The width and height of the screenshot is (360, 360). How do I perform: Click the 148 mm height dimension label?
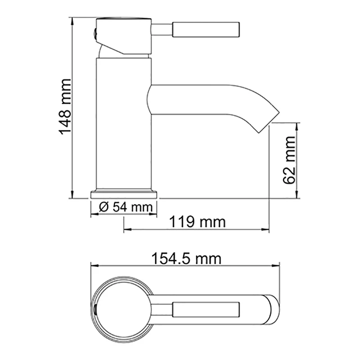pos(65,107)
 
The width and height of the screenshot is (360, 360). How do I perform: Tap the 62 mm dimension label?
pos(289,160)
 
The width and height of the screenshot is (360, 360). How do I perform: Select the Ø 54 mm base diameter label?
pos(126,207)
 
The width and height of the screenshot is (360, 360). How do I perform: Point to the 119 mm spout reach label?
pos(198,222)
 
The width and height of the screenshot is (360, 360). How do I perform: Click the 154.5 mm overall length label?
pos(186,259)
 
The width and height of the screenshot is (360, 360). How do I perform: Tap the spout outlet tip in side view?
pos(269,123)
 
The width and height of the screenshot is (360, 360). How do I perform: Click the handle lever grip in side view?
pos(206,29)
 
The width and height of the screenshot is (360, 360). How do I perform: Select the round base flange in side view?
pos(124,194)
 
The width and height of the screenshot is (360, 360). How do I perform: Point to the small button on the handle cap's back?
pos(94,34)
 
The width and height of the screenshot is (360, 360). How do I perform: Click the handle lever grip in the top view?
pos(206,310)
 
